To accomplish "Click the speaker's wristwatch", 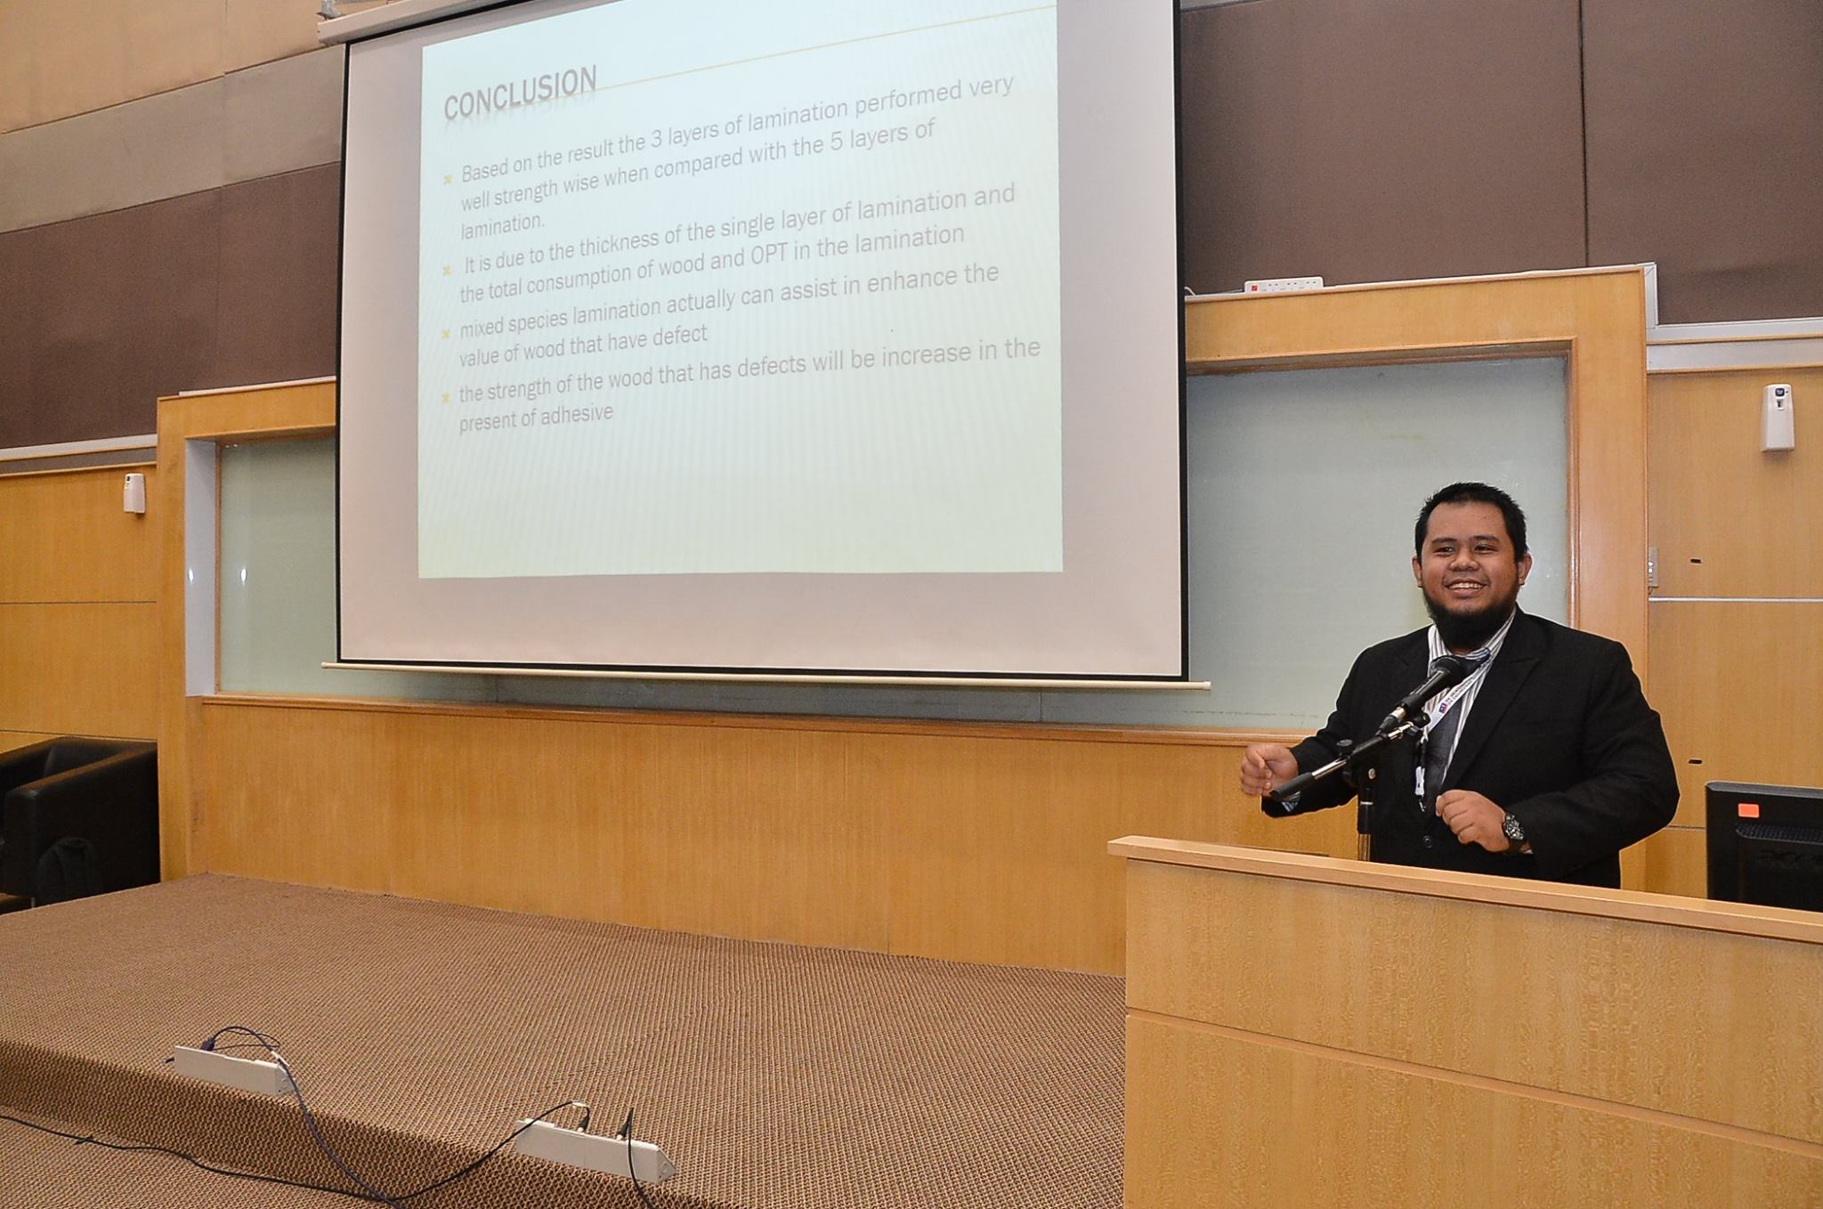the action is click(1511, 829).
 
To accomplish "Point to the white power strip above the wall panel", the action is click(1283, 284).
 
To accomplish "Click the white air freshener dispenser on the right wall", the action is click(1778, 416).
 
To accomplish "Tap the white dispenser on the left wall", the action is click(134, 492).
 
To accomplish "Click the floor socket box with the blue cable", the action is click(233, 1067).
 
